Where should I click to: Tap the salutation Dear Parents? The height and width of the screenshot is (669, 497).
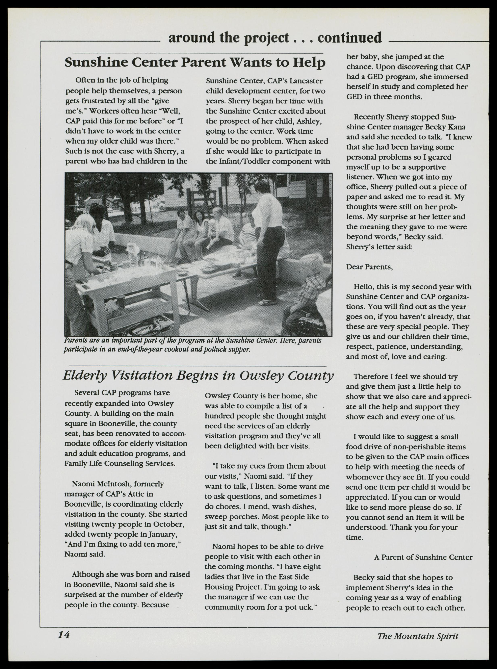click(x=369, y=267)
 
